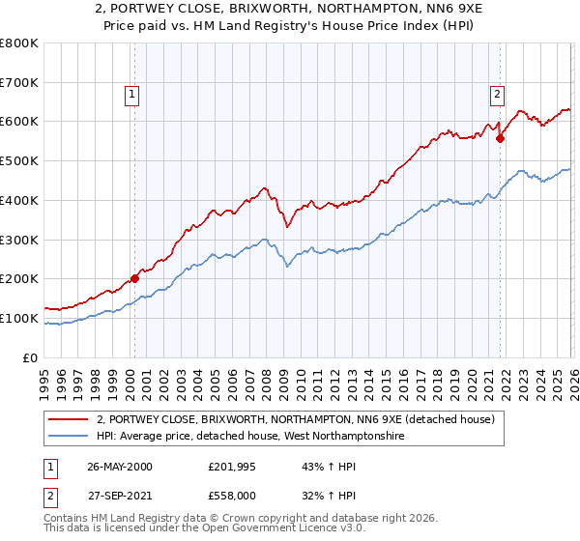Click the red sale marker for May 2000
135,278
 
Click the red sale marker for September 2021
500,138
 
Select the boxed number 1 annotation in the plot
131,94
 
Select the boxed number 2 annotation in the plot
496,94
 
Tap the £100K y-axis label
19,318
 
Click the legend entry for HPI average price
249,438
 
